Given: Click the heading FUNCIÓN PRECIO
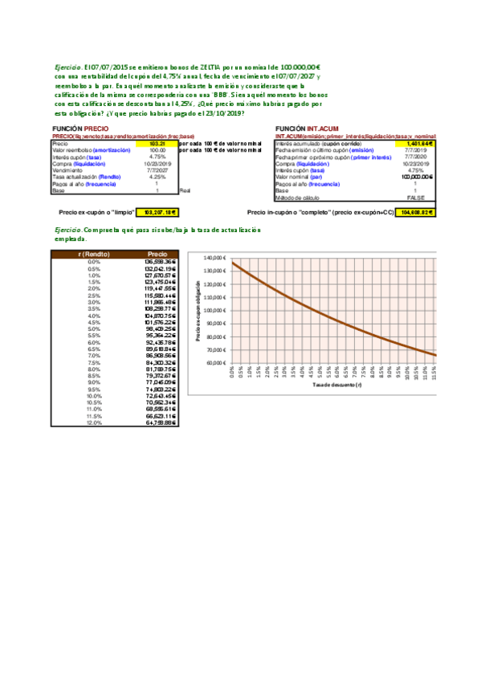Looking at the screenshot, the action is click(x=80, y=128).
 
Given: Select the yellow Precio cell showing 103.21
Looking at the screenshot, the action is click(x=157, y=144).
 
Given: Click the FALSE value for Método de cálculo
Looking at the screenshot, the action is click(x=415, y=198).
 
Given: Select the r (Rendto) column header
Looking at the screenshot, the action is click(x=94, y=254).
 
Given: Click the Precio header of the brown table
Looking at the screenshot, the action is click(x=157, y=254).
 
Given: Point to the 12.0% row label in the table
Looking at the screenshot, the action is click(x=94, y=423).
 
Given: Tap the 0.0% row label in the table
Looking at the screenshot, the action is click(x=94, y=262).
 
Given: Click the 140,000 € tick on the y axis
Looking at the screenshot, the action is click(x=213, y=258).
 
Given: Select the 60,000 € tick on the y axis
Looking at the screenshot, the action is click(x=214, y=363).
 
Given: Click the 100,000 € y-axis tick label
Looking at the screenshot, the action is click(x=213, y=311).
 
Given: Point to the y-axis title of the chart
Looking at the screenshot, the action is click(x=198, y=311).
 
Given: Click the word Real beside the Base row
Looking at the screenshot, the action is click(x=185, y=190).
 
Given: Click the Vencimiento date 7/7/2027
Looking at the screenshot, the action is click(x=157, y=170).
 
